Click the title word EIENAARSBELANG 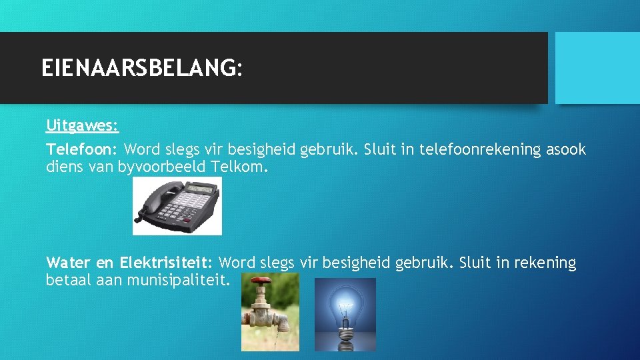(x=138, y=68)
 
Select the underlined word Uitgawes (x=82, y=125)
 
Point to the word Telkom (x=239, y=167)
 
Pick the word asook (x=566, y=149)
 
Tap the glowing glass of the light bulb (x=345, y=304)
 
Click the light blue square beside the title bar (x=597, y=68)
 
